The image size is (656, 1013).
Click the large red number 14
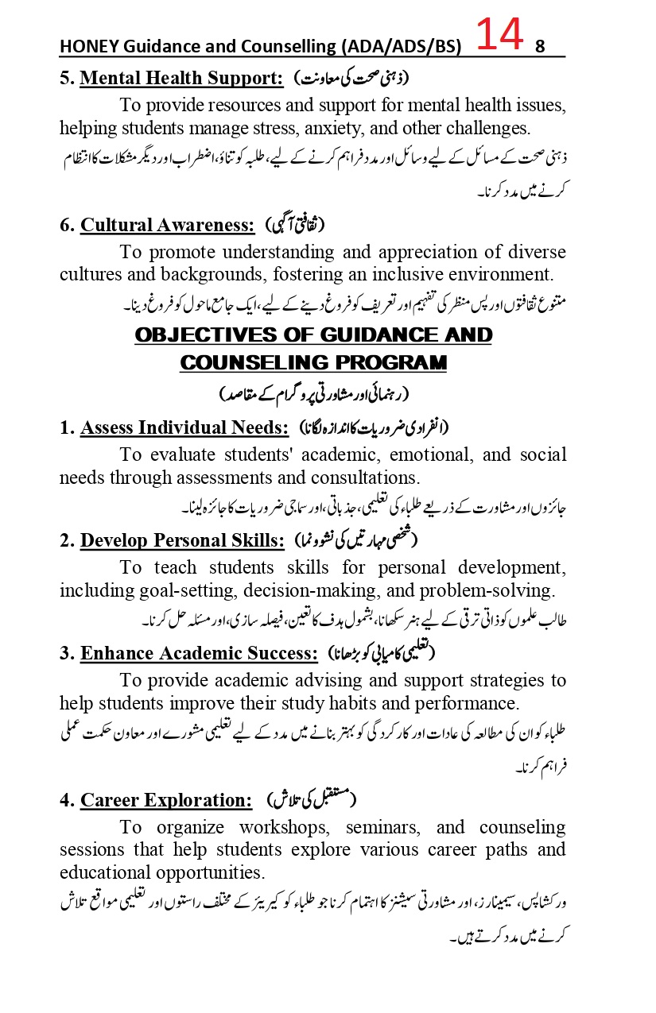500,35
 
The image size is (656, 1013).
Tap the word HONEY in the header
86,47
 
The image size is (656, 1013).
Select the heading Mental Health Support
181,79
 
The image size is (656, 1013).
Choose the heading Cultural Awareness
167,225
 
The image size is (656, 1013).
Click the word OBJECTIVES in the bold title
208,334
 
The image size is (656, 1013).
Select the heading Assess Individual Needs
184,427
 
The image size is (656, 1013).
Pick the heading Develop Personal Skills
182,540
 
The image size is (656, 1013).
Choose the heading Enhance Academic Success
199,653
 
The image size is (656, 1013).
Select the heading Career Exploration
166,799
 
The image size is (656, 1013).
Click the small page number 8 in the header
540,47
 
